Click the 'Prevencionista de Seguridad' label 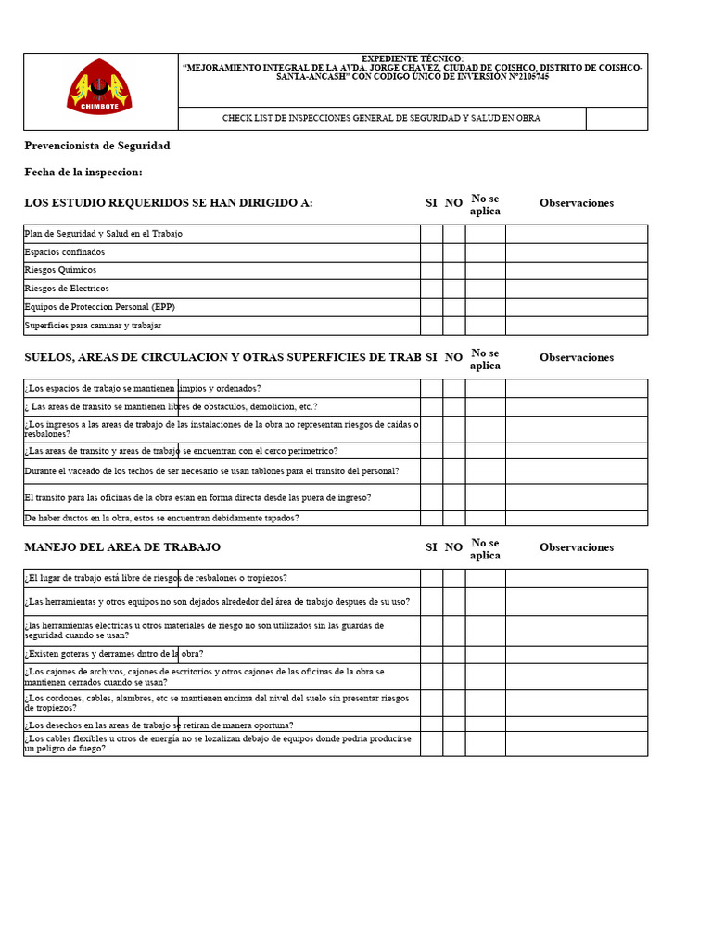97,146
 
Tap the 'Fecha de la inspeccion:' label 83,173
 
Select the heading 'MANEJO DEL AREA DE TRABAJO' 122,547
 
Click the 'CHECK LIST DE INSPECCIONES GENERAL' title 381,119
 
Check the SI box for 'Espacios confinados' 431,252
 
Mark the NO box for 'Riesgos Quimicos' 453,270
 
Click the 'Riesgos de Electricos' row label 67,289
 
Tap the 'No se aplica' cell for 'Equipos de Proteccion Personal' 485,307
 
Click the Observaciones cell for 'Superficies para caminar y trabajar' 576,326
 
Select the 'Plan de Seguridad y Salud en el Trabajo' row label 103,234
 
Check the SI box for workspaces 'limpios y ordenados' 431,389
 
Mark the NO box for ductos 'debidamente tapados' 453,519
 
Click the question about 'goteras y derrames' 114,654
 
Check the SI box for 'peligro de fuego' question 431,744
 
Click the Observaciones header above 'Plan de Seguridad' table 576,203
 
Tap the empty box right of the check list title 617,119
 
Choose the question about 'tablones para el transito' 212,471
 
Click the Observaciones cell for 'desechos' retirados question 576,725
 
